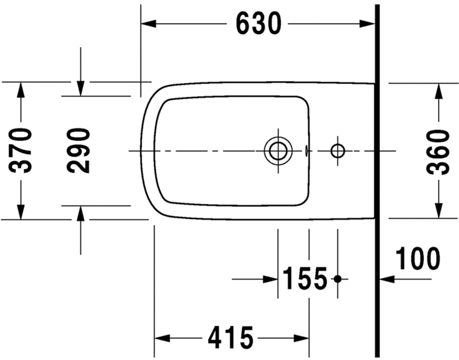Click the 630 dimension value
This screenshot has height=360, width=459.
[x=258, y=24]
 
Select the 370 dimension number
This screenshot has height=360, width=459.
[x=21, y=150]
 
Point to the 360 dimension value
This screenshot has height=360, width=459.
[x=439, y=151]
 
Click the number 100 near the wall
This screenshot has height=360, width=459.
[x=418, y=259]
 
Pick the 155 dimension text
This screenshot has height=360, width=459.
[x=305, y=279]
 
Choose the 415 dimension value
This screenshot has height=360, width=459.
[x=231, y=337]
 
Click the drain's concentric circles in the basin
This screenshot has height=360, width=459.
[x=278, y=150]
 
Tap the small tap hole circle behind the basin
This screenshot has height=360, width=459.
[x=338, y=150]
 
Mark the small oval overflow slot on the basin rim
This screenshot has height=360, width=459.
[x=307, y=150]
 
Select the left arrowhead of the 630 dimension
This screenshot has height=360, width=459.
[x=149, y=24]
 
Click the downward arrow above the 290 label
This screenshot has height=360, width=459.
[x=81, y=88]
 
